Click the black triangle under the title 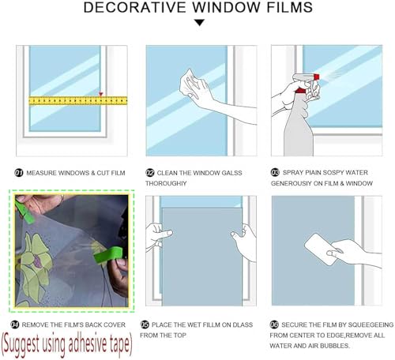[x=199, y=23]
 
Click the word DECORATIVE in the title [x=134, y=7]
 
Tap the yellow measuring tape [x=78, y=101]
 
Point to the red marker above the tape [x=100, y=94]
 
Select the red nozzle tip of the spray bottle [x=316, y=77]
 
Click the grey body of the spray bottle [x=299, y=132]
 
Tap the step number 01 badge [x=19, y=173]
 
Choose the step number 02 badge [x=149, y=173]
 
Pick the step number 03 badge [x=275, y=172]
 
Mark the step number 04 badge [x=15, y=324]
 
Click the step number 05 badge [x=145, y=324]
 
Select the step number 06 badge [x=274, y=324]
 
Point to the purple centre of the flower [x=38, y=262]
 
